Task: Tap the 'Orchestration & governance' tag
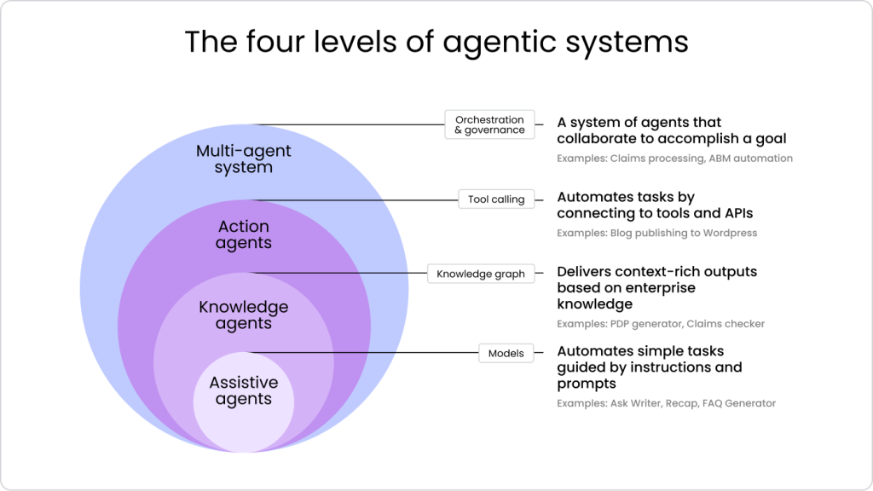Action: [x=490, y=124]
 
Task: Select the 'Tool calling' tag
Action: [x=496, y=199]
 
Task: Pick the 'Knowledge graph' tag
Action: [x=481, y=274]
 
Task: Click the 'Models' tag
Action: [x=506, y=353]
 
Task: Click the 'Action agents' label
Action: [x=244, y=234]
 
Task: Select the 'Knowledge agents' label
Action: [x=244, y=315]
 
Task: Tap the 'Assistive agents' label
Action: [x=244, y=390]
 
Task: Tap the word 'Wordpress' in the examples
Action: [x=726, y=233]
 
